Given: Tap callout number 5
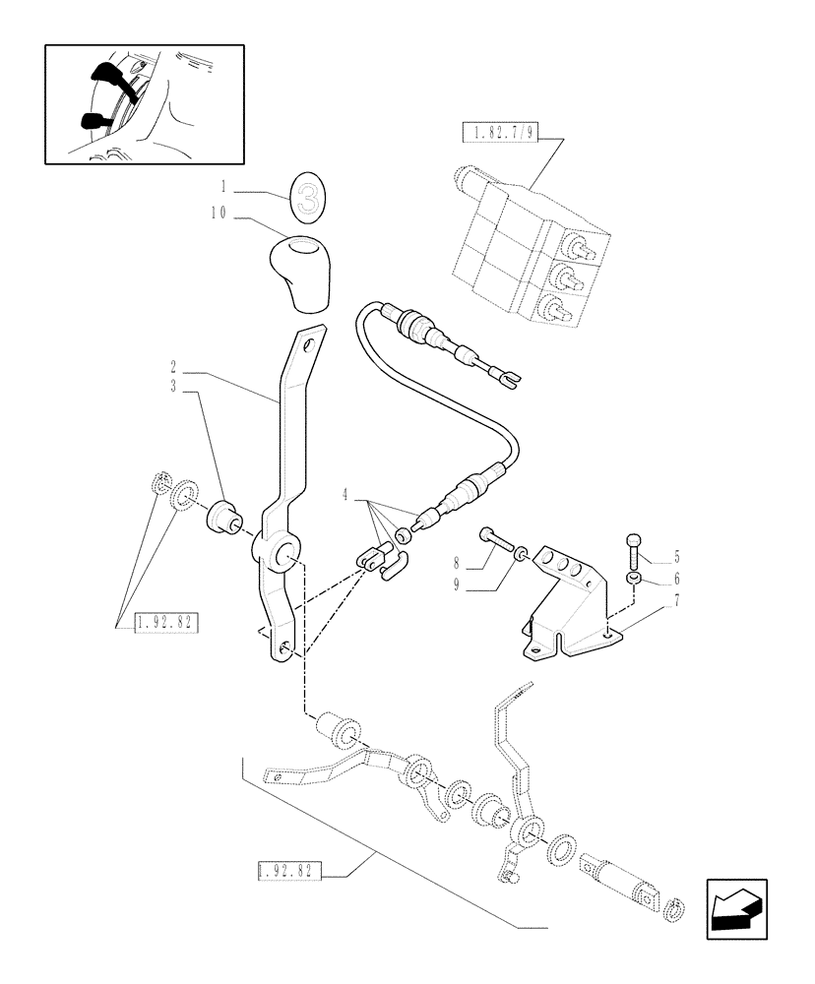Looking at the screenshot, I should point(676,554).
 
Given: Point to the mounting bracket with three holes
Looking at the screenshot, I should point(567,611).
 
